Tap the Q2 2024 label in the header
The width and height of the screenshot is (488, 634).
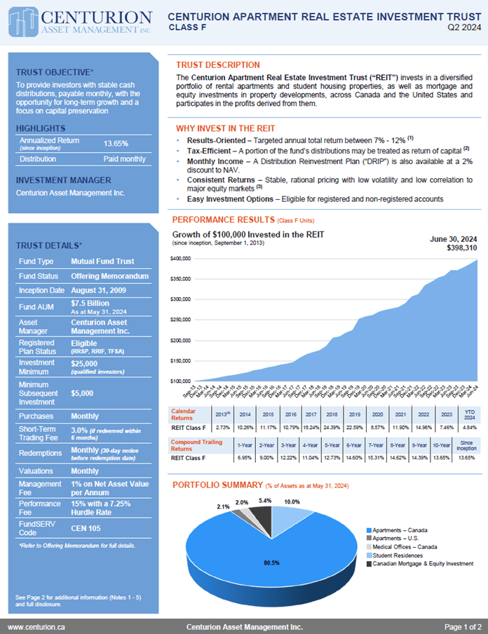click(x=464, y=28)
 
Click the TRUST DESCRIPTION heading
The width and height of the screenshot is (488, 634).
click(x=217, y=65)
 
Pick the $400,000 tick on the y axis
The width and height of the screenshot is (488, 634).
click(x=182, y=259)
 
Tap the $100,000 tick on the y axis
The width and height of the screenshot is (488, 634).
click(x=182, y=381)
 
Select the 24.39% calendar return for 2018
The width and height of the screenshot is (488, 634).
click(x=332, y=426)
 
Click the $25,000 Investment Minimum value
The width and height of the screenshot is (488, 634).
click(x=86, y=363)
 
